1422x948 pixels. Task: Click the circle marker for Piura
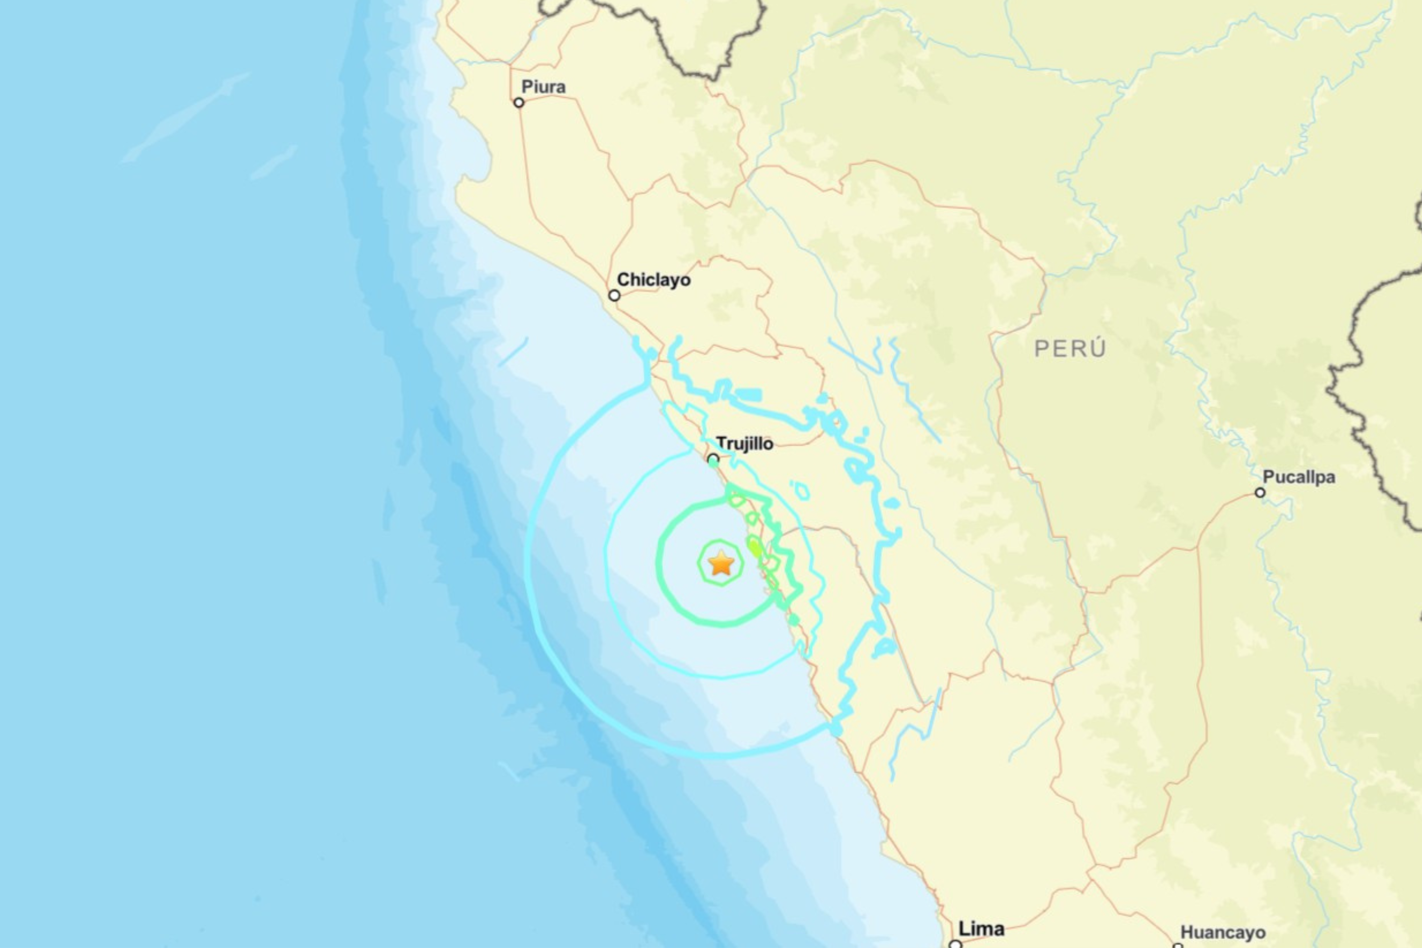(519, 103)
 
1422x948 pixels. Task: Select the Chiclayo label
(653, 280)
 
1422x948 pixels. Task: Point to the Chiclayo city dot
(614, 296)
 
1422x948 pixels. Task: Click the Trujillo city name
(745, 444)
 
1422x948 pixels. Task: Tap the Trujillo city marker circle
(713, 459)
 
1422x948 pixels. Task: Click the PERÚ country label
(1070, 349)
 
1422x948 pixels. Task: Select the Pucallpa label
(1299, 477)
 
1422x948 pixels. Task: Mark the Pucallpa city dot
(1260, 493)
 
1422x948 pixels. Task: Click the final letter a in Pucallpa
(1330, 478)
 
